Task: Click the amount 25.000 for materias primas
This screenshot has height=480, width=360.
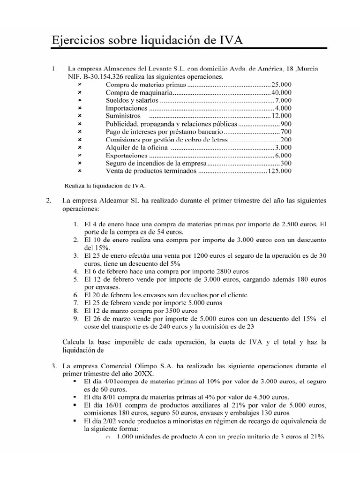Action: (281, 84)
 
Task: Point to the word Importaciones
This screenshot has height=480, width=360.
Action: (127, 108)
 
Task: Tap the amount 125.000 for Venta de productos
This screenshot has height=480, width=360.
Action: (279, 171)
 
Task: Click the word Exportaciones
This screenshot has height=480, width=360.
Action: (127, 155)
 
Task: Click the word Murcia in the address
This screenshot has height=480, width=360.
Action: (307, 69)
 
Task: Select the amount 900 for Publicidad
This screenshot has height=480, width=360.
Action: (286, 124)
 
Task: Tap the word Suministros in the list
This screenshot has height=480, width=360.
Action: (123, 116)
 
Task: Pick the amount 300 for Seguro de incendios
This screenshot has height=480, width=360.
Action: (286, 163)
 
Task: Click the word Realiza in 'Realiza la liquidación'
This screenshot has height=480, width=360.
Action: (75, 185)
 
